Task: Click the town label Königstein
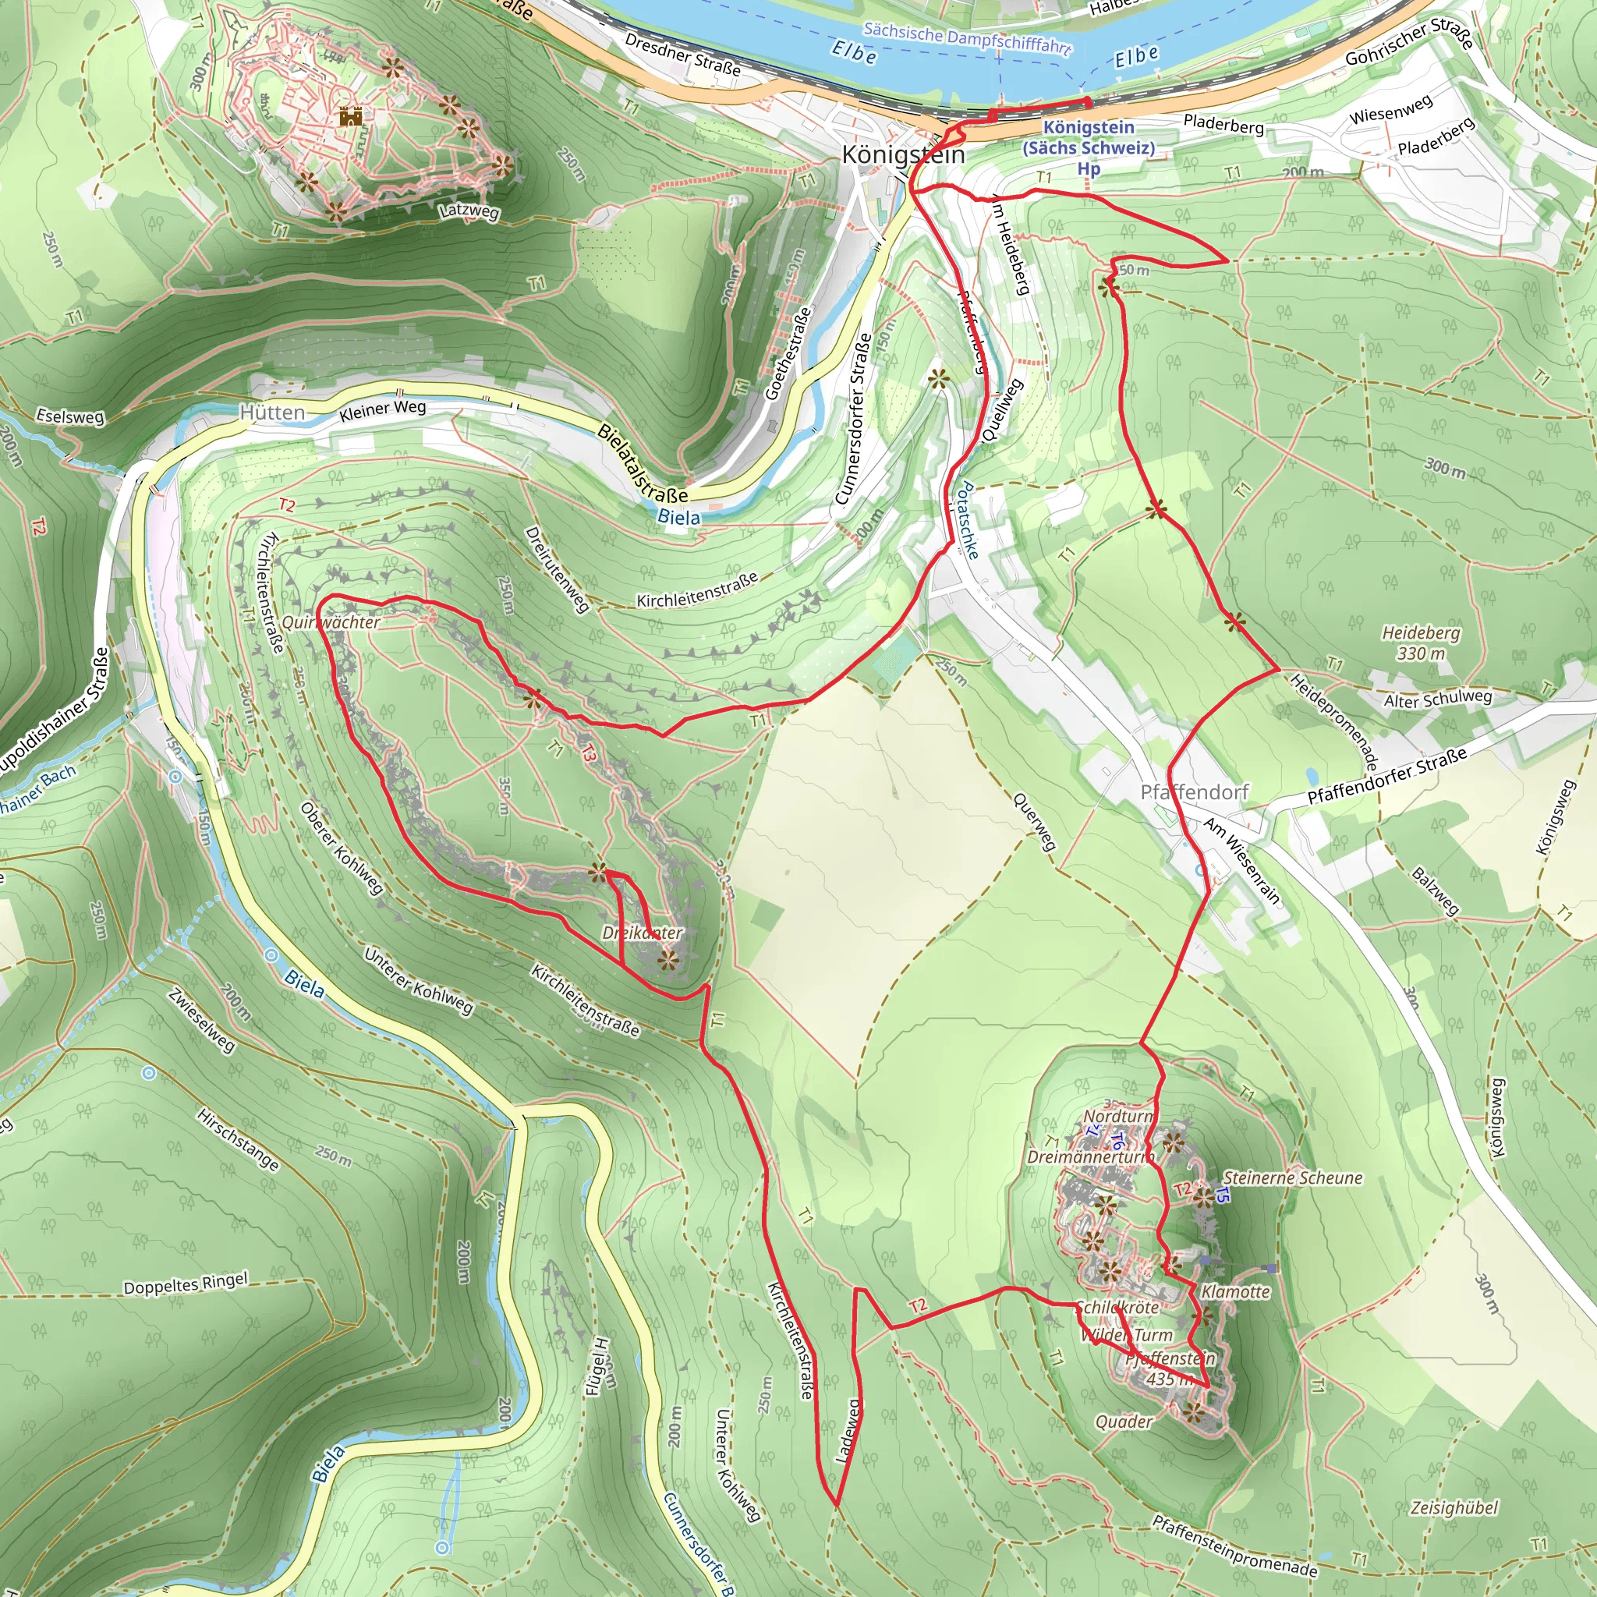[x=903, y=154]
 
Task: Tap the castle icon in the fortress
[x=350, y=115]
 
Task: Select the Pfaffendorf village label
[x=1195, y=792]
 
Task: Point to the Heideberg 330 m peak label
[x=1421, y=643]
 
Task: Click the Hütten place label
[x=272, y=412]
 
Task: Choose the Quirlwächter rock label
[x=331, y=621]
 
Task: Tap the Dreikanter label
[x=643, y=933]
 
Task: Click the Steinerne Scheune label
[x=1293, y=1178]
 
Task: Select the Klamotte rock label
[x=1236, y=1291]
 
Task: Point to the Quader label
[x=1124, y=1421]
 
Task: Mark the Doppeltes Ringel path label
[x=185, y=1284]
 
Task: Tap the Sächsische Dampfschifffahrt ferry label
[x=967, y=38]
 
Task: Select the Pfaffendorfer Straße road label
[x=1387, y=774]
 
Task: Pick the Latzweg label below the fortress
[x=469, y=211]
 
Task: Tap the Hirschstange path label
[x=238, y=1139]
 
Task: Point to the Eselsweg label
[x=70, y=416]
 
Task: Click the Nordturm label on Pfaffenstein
[x=1117, y=1116]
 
